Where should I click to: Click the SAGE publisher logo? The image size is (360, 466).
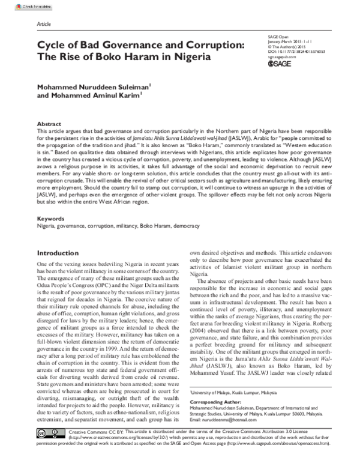pos(279,64)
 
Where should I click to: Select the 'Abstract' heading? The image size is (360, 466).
pos(49,123)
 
